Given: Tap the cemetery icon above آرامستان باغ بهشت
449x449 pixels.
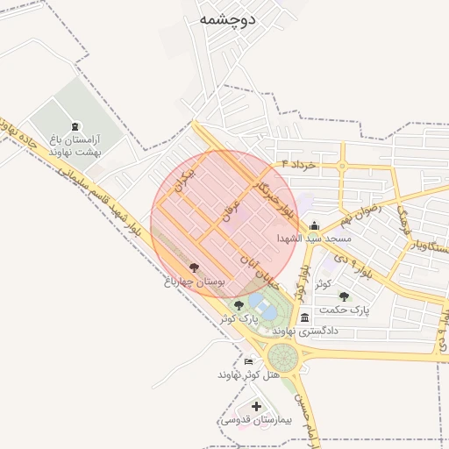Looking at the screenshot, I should pyautogui.click(x=75, y=126).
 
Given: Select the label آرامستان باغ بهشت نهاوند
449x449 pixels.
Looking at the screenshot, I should pyautogui.click(x=75, y=146).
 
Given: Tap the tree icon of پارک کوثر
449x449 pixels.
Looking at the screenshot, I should pyautogui.click(x=239, y=304).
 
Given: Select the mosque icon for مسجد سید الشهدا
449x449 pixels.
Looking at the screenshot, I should pyautogui.click(x=314, y=225).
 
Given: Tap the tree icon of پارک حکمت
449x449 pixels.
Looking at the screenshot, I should pyautogui.click(x=344, y=296).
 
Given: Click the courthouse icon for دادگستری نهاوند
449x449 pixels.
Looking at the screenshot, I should pyautogui.click(x=304, y=317).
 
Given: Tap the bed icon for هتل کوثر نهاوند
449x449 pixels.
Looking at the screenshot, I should pyautogui.click(x=249, y=361).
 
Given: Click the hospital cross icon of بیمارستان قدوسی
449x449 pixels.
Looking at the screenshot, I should pyautogui.click(x=256, y=407).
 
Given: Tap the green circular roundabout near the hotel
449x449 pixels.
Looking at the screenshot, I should pyautogui.click(x=283, y=357).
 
